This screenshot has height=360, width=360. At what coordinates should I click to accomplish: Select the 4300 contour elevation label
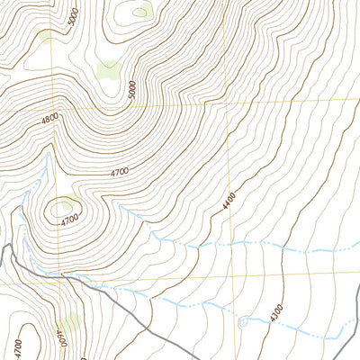click(x=276, y=311)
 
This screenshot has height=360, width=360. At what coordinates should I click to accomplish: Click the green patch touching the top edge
click(x=141, y=11)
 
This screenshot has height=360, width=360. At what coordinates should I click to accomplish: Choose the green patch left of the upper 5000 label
click(x=43, y=36)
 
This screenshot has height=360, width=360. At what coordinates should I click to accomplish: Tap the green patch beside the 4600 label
click(x=72, y=319)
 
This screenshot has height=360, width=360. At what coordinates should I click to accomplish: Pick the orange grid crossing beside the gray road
click(x=58, y=281)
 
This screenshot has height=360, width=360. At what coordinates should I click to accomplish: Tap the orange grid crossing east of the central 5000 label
click(x=229, y=102)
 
